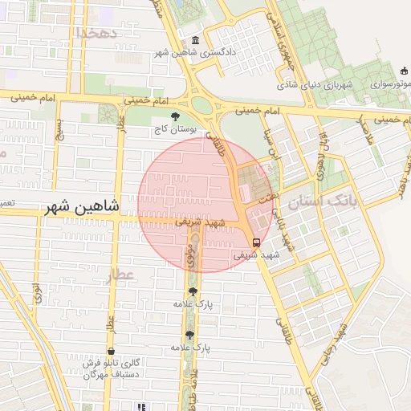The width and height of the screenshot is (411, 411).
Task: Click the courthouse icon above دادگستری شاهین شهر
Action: click(196, 41)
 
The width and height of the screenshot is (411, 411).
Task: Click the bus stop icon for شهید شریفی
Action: click(256, 242)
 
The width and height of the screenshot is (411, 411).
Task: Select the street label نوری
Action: click(37, 294)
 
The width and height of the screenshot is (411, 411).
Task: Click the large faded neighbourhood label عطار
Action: click(120, 277)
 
